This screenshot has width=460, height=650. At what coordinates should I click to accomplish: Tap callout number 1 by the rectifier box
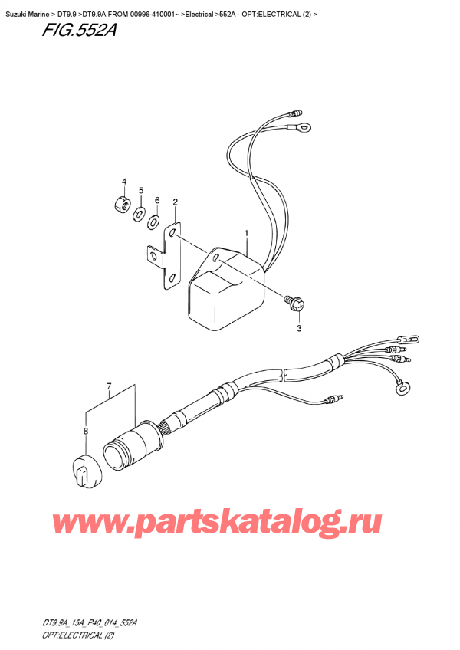click(246, 232)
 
